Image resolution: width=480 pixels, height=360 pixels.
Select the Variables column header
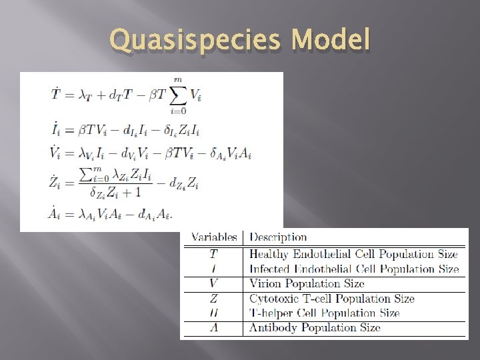(x=214, y=237)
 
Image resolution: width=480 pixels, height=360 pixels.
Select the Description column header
(x=278, y=237)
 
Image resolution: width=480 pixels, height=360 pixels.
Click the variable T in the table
(x=213, y=253)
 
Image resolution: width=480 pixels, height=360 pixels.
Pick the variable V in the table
(x=213, y=284)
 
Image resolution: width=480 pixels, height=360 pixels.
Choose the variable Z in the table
(x=213, y=299)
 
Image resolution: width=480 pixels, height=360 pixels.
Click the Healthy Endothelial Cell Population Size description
(x=353, y=253)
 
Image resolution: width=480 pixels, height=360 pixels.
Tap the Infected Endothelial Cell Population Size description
(x=354, y=269)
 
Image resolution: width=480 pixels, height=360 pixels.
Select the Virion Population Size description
(x=307, y=284)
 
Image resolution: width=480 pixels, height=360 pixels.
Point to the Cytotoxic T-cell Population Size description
(x=331, y=299)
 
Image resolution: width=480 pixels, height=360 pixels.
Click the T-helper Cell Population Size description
(x=324, y=313)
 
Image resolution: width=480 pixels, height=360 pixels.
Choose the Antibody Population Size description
(x=315, y=327)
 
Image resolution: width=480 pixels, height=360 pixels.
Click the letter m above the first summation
(x=177, y=79)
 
